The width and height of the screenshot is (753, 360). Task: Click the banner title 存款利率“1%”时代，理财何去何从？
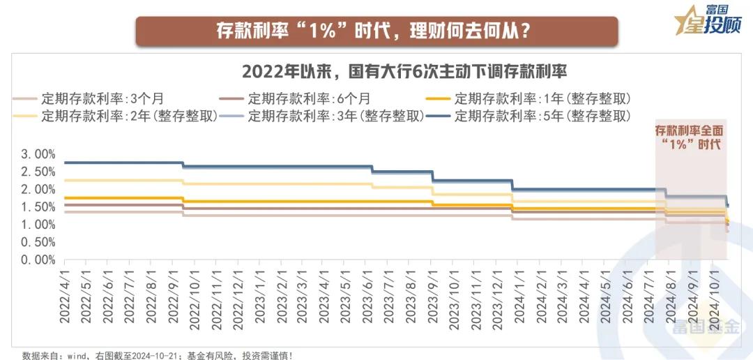[x=376, y=31]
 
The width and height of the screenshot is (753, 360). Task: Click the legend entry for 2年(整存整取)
[x=130, y=115]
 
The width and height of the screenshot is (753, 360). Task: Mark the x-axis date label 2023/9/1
[x=432, y=293]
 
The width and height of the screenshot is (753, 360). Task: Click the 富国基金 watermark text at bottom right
[x=704, y=327]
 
